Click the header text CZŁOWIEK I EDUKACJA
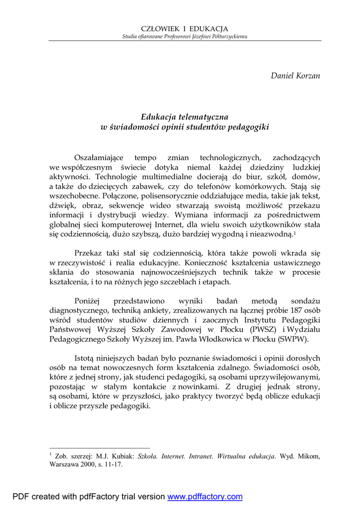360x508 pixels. coord(184,29)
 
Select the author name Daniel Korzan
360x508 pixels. coord(296,76)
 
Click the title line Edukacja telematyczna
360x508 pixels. coord(184,117)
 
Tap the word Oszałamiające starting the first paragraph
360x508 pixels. coord(99,157)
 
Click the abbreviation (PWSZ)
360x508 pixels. coord(265,329)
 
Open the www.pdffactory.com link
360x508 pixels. coord(205,497)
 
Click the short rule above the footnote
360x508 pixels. coord(99,447)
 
